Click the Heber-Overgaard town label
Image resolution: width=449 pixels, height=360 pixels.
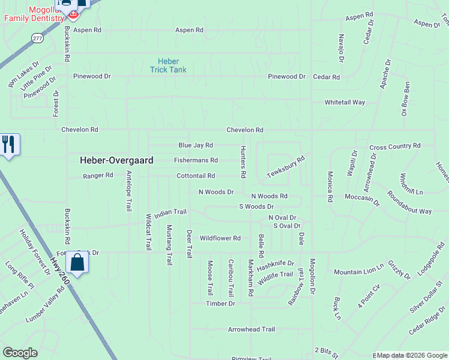(117, 161)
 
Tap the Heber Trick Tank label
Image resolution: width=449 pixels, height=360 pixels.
(168, 65)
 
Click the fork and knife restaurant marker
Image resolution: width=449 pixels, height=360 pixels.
(8, 145)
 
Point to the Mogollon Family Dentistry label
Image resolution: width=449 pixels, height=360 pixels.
(34, 14)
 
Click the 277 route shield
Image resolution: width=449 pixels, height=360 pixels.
(37, 38)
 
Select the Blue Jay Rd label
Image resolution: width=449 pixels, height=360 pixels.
(196, 145)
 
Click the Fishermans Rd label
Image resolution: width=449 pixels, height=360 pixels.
(196, 160)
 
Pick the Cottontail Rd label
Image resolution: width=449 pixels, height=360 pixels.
(196, 176)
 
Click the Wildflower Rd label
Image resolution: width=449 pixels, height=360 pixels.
(220, 238)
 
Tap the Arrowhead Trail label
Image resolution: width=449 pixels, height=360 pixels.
(251, 329)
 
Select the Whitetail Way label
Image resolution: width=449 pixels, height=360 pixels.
(345, 103)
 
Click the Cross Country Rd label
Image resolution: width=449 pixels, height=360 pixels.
(395, 146)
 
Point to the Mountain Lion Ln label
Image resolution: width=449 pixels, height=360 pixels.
(358, 272)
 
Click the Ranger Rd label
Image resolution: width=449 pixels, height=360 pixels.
(98, 175)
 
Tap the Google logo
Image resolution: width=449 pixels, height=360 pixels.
(20, 353)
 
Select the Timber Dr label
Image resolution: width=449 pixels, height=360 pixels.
(220, 304)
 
